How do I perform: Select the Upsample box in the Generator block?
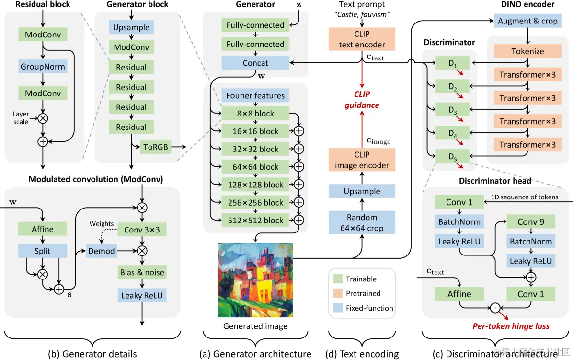131,27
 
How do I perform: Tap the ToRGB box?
155,147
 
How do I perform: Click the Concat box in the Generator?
255,63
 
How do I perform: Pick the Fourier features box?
255,96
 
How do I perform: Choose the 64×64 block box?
255,167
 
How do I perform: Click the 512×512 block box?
255,221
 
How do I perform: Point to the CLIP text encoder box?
362,40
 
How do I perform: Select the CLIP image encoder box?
362,160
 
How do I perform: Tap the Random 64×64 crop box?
362,223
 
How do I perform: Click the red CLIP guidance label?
362,100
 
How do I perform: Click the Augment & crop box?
527,21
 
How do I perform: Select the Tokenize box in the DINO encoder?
527,51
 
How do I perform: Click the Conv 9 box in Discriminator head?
530,221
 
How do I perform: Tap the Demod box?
101,250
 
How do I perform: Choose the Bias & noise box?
142,273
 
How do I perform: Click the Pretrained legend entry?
363,293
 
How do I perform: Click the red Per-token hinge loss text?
511,326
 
